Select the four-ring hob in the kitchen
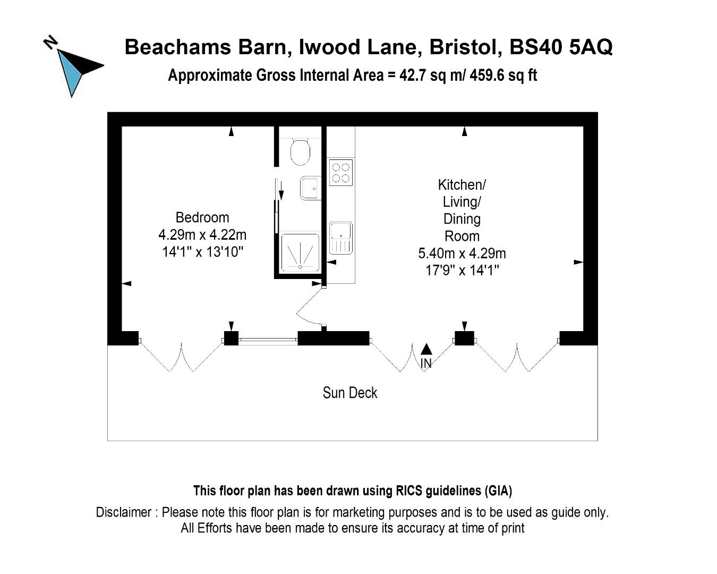pos(341,172)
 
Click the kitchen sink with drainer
pos(341,238)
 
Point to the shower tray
pos(300,252)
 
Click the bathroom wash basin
pos(311,188)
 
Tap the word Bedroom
pos(202,218)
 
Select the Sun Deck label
pos(350,393)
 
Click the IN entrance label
pos(426,363)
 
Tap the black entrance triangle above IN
pos(426,349)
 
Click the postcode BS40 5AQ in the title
pos(561,47)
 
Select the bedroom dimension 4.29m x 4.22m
pos(202,235)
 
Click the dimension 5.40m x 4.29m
pos(462,254)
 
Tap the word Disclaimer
pos(124,512)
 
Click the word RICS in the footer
pos(409,491)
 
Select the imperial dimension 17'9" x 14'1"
pos(462,271)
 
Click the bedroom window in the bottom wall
pos(268,340)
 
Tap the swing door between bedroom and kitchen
pos(308,305)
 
